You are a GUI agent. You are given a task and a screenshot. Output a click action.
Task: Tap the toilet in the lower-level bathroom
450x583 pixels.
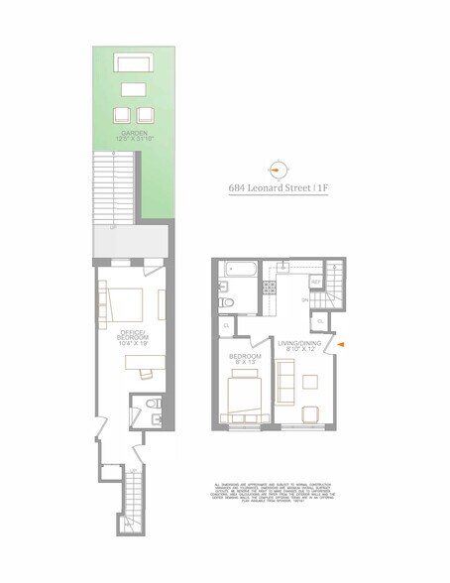149,406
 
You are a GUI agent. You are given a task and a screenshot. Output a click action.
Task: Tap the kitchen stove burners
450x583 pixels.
267,289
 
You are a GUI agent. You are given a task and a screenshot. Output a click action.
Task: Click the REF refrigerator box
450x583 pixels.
316,283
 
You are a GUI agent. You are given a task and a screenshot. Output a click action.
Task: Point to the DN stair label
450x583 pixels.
304,298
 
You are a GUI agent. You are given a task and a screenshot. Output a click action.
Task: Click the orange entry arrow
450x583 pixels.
342,344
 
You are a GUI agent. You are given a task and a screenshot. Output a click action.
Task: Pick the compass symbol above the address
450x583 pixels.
279,170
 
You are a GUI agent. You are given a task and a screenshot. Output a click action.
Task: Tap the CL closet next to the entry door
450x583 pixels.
320,321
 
